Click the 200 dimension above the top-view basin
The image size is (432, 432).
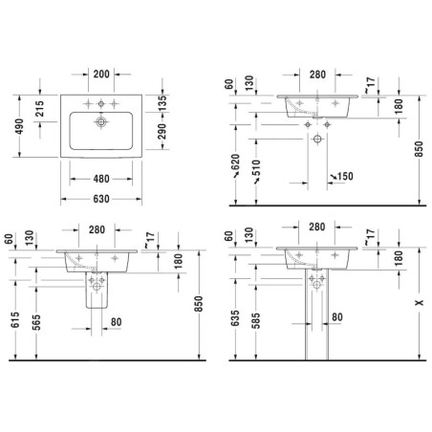pyautogui.click(x=101, y=75)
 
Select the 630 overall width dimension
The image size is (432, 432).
pyautogui.click(x=101, y=199)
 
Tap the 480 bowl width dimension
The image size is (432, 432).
pyautogui.click(x=101, y=179)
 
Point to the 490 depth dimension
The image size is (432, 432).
pyautogui.click(x=19, y=126)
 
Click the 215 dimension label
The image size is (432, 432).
pyautogui.click(x=40, y=109)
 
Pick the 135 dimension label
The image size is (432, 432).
pyautogui.click(x=162, y=103)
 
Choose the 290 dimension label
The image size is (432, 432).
pyautogui.click(x=162, y=131)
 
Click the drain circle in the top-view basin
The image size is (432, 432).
pyautogui.click(x=101, y=121)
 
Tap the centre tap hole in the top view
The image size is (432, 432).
pyautogui.click(x=101, y=103)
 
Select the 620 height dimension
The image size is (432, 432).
pyautogui.click(x=235, y=162)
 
